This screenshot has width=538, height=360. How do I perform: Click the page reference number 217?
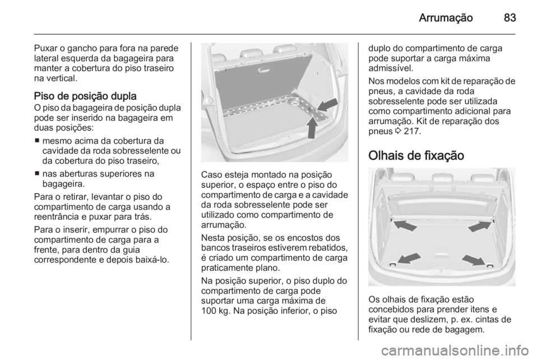[x=411, y=131]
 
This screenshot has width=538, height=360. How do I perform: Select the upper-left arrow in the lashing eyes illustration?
[x=404, y=225]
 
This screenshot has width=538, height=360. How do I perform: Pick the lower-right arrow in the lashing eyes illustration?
[x=473, y=260]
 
